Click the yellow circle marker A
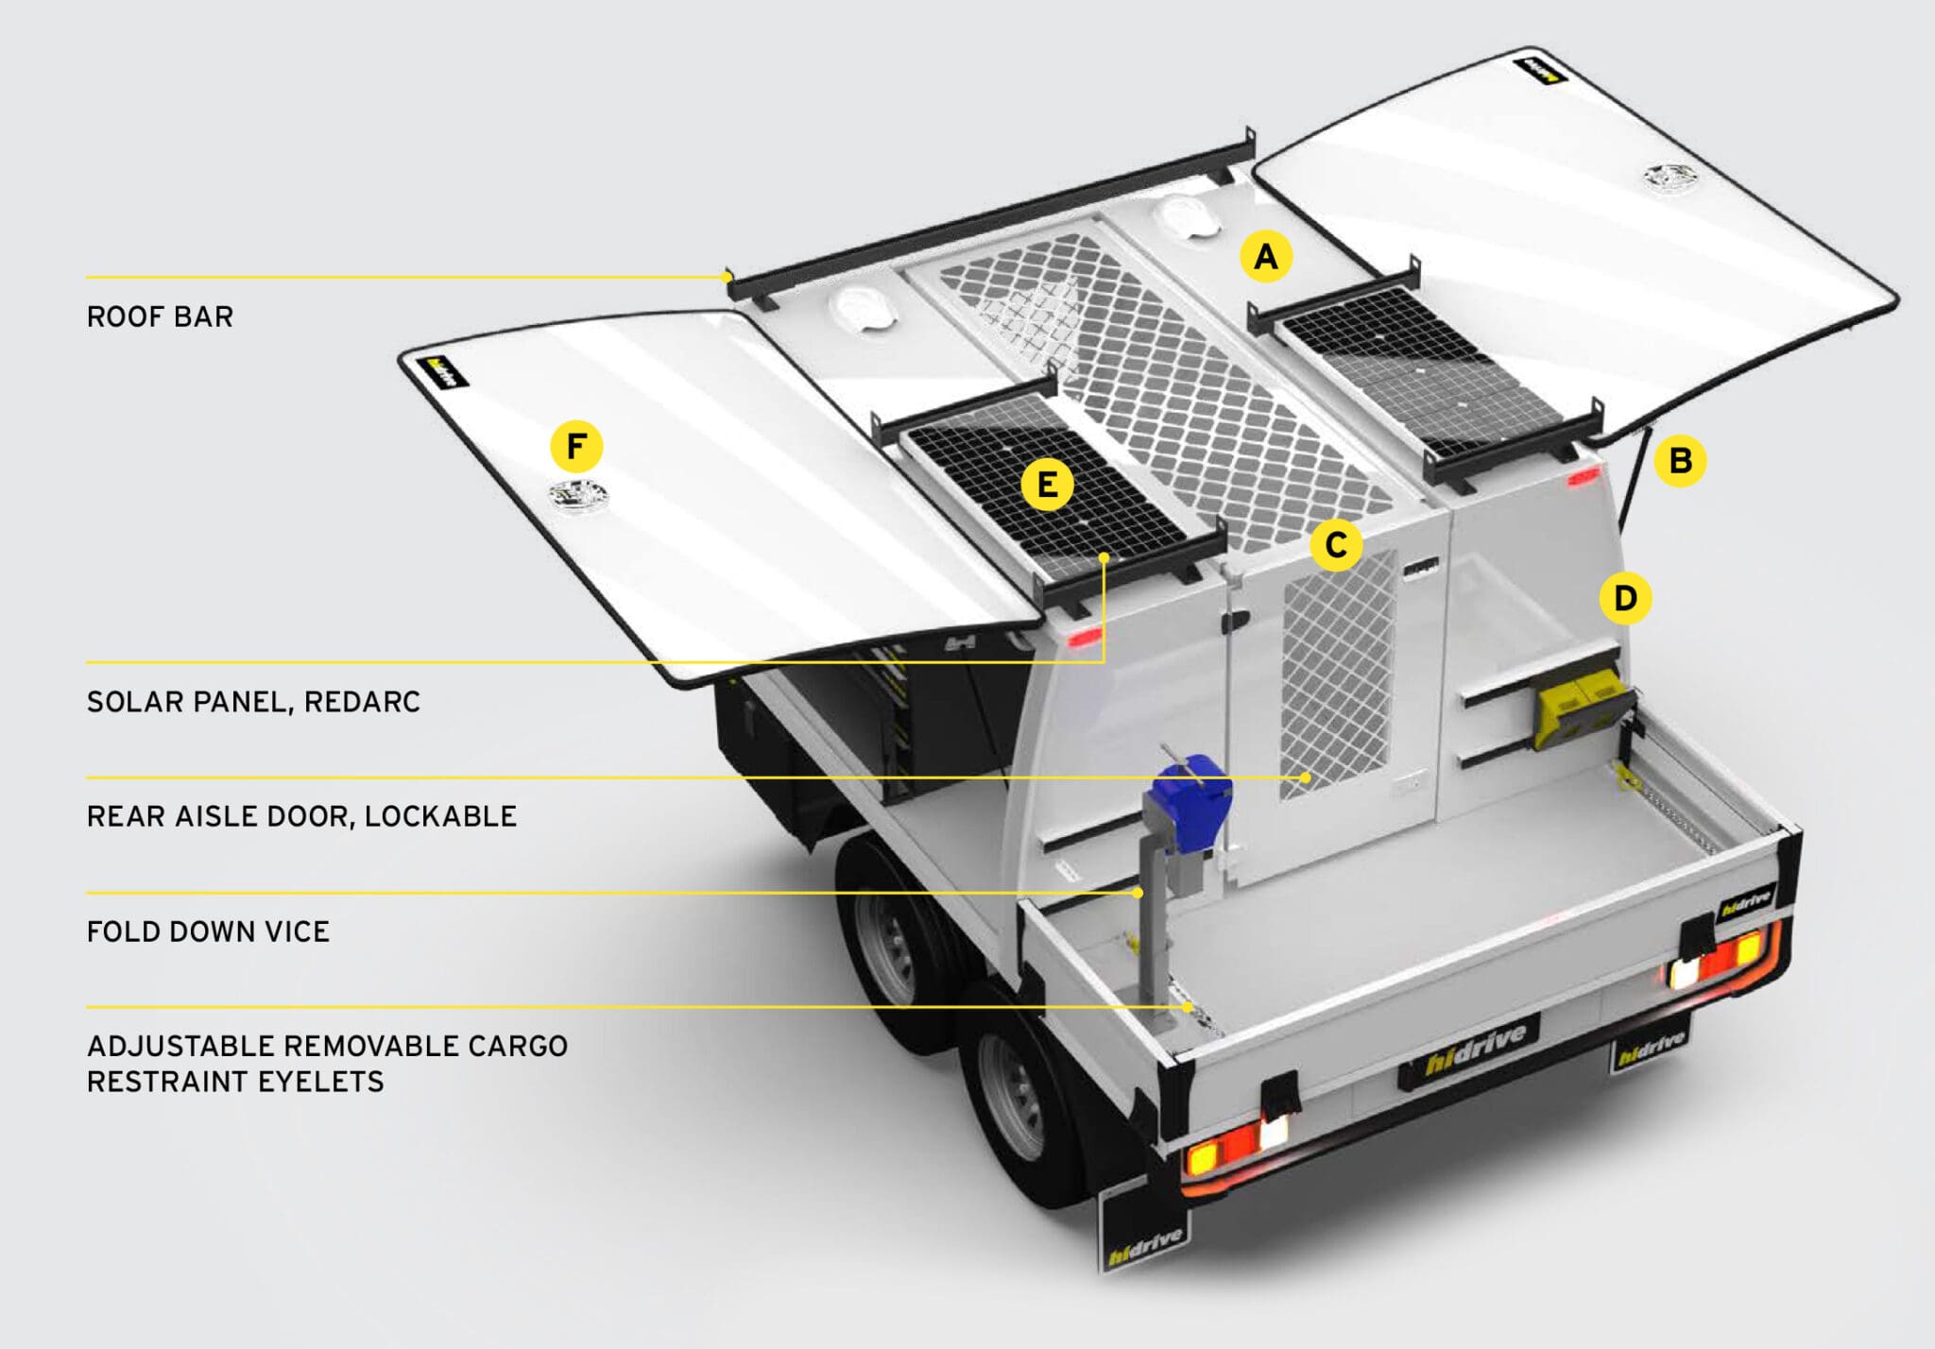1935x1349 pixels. [1265, 256]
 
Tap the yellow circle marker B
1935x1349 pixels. [1680, 461]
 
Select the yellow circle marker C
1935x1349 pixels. [1335, 545]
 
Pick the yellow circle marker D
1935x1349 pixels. [1624, 598]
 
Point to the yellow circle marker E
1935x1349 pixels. [1047, 485]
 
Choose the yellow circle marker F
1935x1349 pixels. [576, 446]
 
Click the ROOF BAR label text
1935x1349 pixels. [160, 317]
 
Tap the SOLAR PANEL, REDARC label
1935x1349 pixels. [253, 702]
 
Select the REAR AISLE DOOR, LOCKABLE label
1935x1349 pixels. [301, 816]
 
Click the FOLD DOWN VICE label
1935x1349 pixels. [208, 932]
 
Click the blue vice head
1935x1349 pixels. [1192, 794]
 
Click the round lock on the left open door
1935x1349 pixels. [579, 494]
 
